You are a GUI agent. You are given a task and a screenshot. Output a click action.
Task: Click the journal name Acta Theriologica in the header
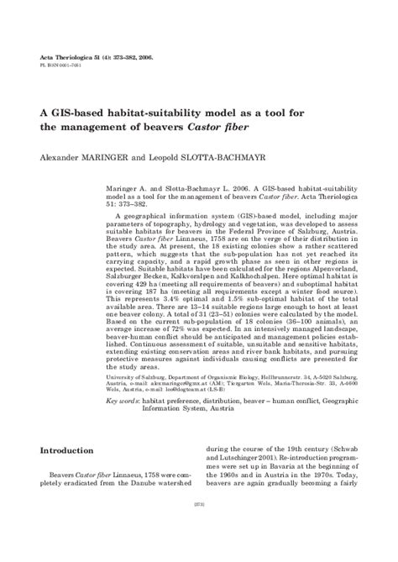pos(69,55)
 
